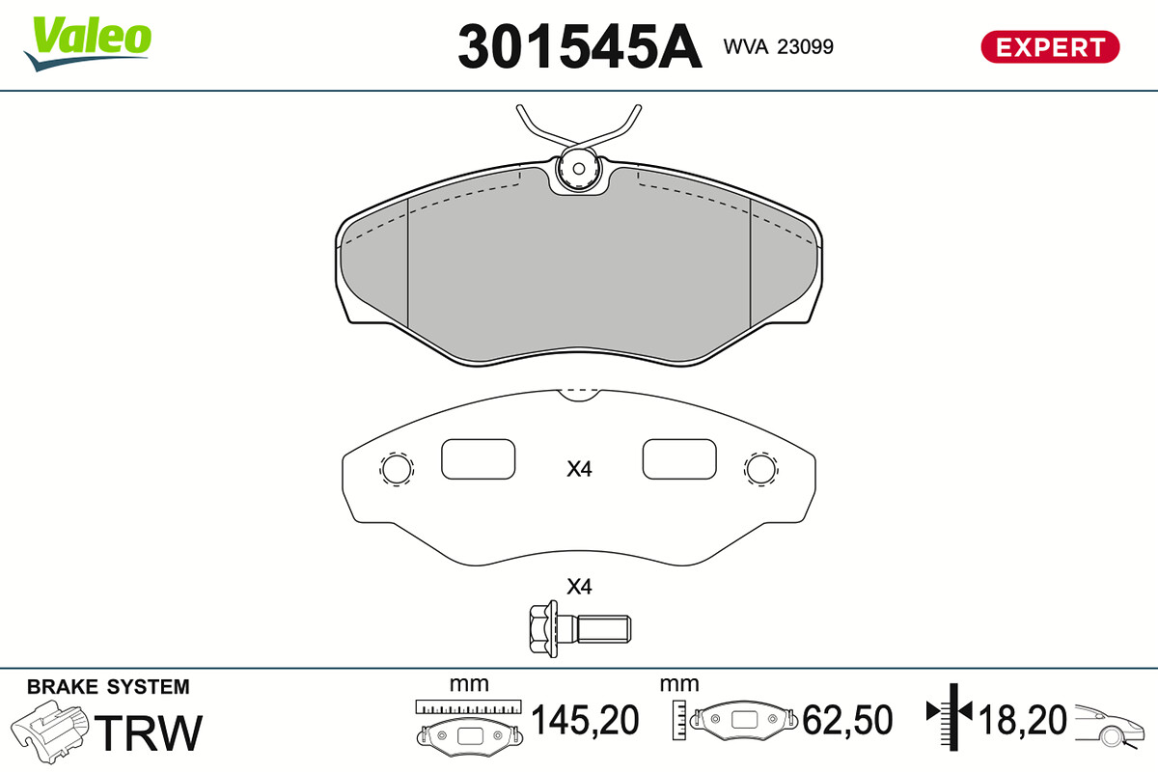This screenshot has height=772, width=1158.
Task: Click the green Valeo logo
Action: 88,42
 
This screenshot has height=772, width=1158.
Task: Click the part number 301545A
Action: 580,46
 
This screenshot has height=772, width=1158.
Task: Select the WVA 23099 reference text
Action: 779,46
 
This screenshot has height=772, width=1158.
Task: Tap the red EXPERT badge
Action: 1051,47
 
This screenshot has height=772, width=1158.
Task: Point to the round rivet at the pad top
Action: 579,169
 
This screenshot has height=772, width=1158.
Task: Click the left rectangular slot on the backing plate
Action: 479,459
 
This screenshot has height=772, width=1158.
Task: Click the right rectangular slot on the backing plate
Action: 679,459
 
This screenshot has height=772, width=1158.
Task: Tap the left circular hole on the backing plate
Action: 397,470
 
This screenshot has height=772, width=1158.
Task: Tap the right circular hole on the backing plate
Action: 761,470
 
